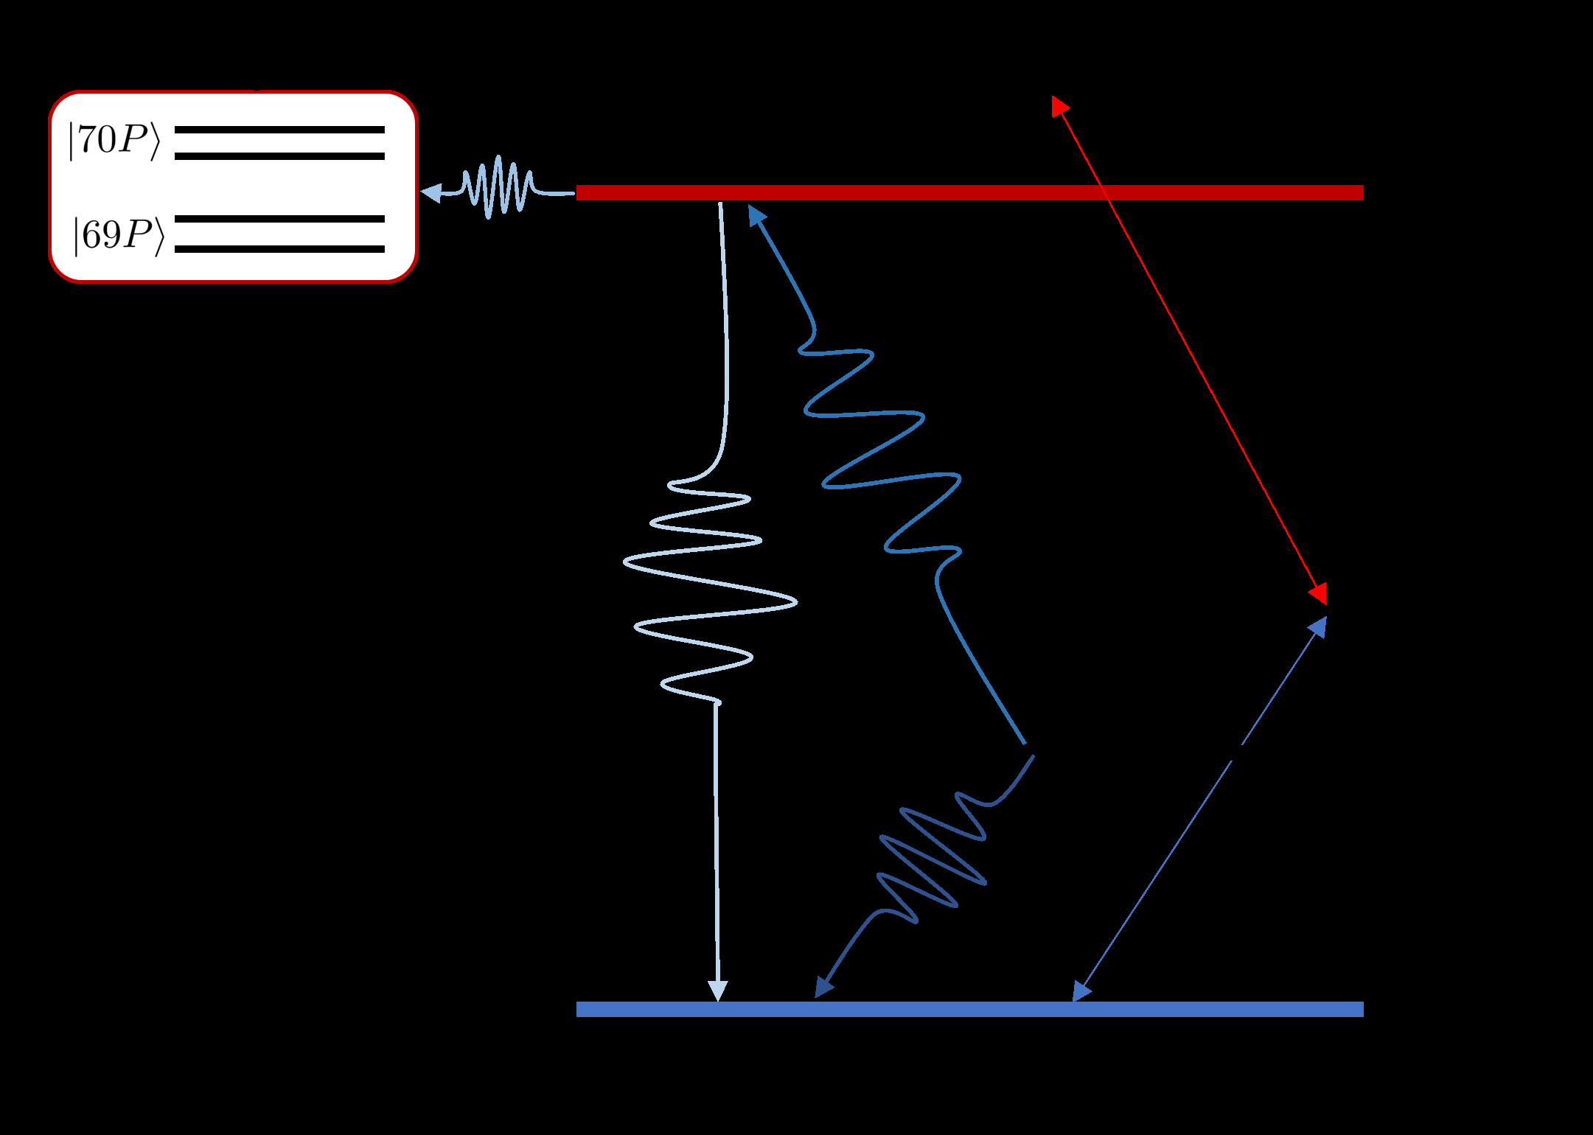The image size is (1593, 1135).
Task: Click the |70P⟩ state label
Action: (x=114, y=140)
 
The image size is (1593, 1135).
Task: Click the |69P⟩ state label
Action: (x=118, y=235)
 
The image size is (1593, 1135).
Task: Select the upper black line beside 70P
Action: (x=279, y=130)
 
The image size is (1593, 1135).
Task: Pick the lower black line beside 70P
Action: (x=279, y=156)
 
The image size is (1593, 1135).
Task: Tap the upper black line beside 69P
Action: (x=279, y=219)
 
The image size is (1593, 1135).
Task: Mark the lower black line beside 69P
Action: (x=279, y=249)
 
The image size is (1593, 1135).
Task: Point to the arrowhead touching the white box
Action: (x=431, y=193)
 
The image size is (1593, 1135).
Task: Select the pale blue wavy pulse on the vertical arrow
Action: (x=708, y=590)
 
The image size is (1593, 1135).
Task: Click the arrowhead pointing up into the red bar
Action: (x=756, y=214)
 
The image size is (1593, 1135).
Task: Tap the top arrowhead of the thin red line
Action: (x=1059, y=105)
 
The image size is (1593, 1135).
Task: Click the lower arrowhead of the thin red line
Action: (x=1319, y=593)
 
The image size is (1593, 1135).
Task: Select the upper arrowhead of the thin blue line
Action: (x=1318, y=626)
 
